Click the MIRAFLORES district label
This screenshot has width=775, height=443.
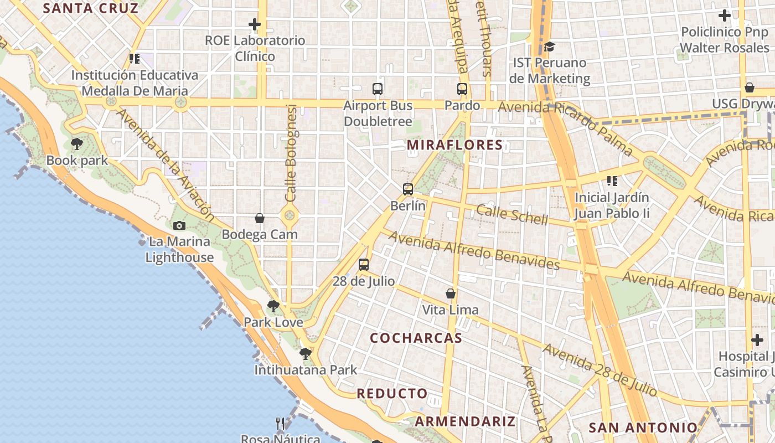(454, 145)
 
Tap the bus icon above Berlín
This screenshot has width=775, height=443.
(408, 189)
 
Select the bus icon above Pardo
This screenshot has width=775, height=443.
(462, 89)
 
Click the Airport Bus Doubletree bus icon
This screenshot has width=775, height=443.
(378, 89)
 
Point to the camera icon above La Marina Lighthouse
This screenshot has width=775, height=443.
(179, 225)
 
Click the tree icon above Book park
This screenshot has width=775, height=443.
(77, 145)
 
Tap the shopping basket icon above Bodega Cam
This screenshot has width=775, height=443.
(260, 219)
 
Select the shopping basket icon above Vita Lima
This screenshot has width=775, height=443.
(451, 293)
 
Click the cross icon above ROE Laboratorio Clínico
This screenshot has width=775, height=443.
(255, 24)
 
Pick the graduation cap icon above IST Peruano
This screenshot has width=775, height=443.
(549, 47)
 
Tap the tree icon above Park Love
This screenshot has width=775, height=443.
(273, 306)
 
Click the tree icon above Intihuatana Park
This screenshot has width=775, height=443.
(305, 353)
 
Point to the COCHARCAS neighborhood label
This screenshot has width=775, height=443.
(416, 338)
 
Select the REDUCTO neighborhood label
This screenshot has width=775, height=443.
(392, 394)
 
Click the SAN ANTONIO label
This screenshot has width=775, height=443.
(643, 427)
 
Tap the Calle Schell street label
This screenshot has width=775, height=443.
(512, 214)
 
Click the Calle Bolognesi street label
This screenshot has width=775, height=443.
(292, 153)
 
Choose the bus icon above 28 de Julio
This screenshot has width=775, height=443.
(364, 265)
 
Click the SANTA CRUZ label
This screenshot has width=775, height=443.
(90, 8)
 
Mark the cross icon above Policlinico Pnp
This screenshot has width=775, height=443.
(724, 16)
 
